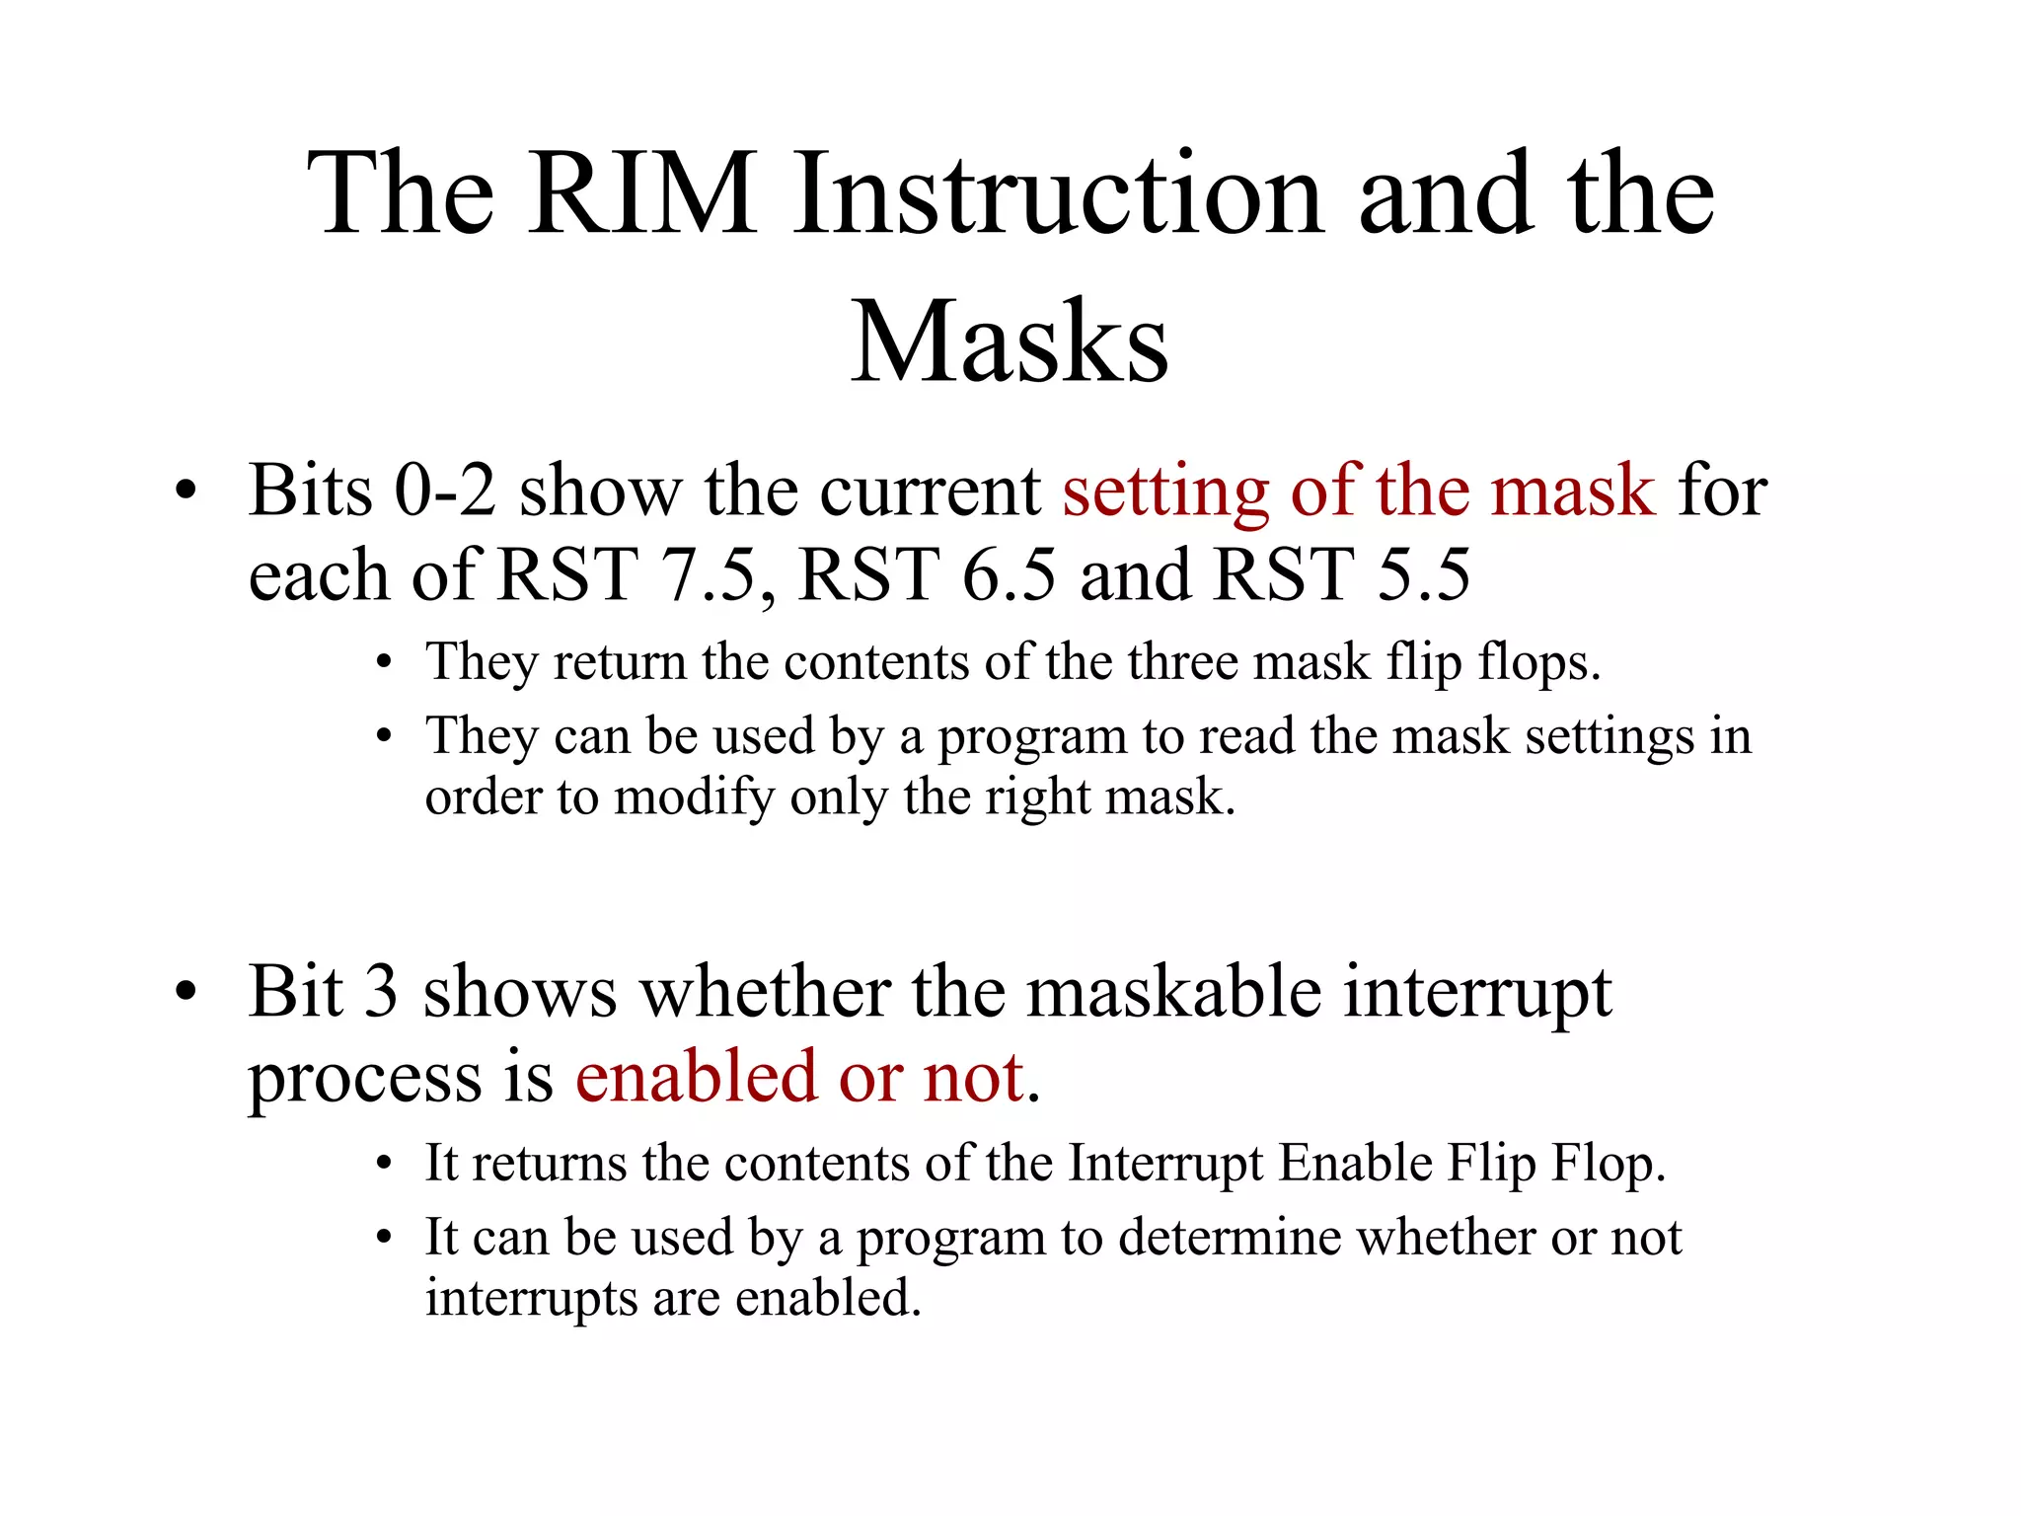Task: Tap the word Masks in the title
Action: point(1010,342)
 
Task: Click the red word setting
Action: point(1164,493)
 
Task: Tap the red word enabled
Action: point(696,1078)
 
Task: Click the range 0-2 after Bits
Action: point(445,491)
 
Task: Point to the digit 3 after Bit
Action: point(380,992)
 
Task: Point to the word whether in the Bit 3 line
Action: point(766,992)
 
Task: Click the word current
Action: point(930,491)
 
